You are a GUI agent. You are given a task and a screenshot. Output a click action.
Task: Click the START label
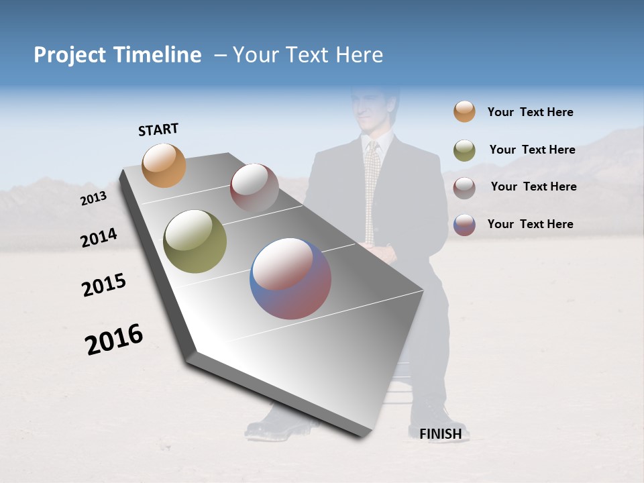(158, 129)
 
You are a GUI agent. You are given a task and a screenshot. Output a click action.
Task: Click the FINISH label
(440, 434)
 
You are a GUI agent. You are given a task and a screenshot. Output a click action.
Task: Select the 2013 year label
(93, 199)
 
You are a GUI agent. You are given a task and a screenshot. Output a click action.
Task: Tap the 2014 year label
(99, 238)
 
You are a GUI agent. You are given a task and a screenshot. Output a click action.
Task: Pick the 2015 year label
(104, 285)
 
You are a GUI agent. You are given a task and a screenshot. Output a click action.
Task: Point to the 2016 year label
(114, 339)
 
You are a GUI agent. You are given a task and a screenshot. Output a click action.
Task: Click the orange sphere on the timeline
(164, 165)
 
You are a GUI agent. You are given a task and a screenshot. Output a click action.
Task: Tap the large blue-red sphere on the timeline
(290, 278)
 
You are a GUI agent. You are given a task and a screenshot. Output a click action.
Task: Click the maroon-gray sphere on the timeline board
(254, 188)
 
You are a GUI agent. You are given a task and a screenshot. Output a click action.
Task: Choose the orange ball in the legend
(464, 112)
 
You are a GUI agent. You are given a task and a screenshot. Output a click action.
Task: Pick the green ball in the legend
(464, 150)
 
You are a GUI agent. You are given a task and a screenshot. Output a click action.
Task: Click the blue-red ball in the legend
(464, 225)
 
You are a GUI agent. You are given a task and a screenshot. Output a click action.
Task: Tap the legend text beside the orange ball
(530, 113)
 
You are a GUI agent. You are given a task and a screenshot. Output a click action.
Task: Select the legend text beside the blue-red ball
(530, 224)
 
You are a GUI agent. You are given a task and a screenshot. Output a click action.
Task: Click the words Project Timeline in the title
(117, 55)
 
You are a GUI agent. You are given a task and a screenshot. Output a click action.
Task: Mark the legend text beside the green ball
(532, 150)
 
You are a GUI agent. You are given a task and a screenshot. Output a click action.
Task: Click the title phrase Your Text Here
(307, 55)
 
